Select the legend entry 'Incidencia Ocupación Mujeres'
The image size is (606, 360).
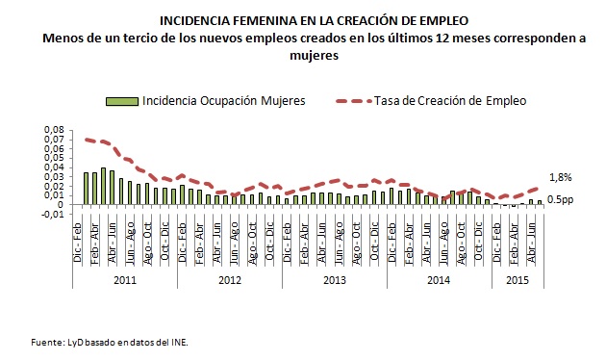(225, 100)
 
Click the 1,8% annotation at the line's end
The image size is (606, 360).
(561, 177)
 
